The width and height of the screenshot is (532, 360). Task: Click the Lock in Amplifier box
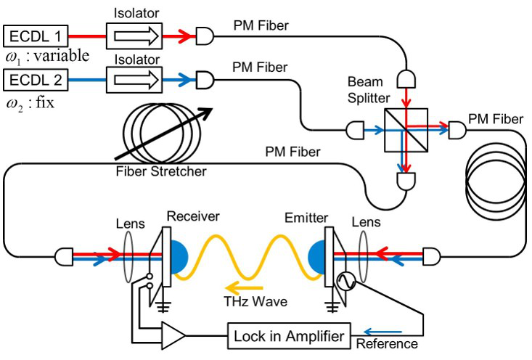pos(289,335)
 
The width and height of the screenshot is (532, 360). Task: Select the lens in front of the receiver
pos(128,255)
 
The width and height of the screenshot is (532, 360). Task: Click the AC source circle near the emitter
pos(344,277)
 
